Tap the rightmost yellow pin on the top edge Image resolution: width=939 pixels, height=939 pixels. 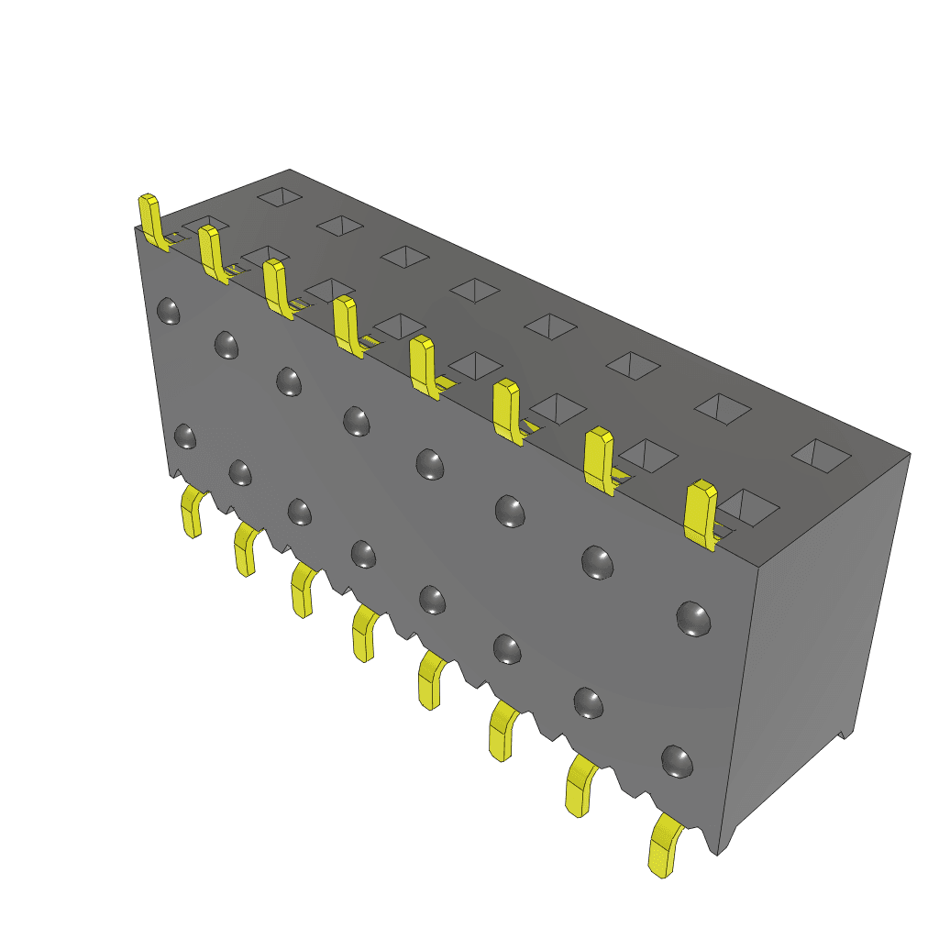701,514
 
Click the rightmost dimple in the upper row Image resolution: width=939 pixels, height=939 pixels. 694,618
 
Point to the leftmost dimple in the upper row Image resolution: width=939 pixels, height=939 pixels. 168,311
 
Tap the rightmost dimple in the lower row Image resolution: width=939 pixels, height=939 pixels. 677,761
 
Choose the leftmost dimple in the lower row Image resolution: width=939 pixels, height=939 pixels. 184,436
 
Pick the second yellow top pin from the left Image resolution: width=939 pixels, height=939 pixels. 211,252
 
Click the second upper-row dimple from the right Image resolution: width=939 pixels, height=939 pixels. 597,562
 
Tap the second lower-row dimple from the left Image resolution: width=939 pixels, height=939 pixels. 239,473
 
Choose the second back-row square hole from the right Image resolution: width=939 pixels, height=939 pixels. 722,409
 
